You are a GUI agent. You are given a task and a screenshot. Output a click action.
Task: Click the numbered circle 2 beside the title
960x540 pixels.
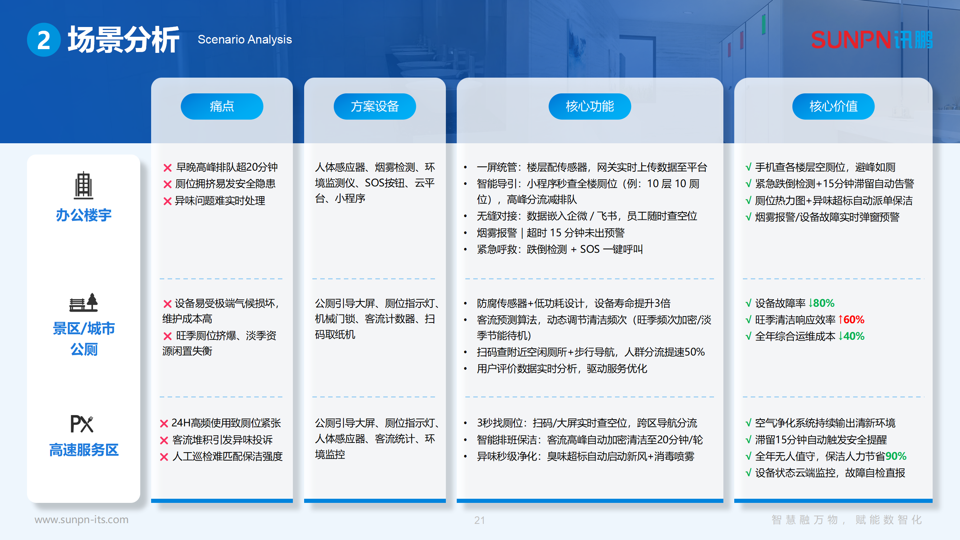coord(44,40)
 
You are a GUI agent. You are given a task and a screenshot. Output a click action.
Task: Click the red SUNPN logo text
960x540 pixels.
coord(850,40)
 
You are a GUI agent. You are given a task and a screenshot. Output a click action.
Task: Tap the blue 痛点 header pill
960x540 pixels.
coord(222,106)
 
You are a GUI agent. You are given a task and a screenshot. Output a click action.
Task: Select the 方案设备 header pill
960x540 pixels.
coord(375,106)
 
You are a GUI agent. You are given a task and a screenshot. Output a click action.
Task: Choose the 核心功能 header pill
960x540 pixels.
coord(589,106)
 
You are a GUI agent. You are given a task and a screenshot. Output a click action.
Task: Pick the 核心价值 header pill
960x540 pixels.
coord(833,106)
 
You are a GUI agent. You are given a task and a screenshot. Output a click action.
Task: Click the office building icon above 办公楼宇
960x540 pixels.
coord(83,185)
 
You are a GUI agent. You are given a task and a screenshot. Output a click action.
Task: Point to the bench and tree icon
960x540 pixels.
coord(83,303)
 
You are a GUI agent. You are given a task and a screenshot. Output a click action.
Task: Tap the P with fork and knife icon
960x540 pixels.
coord(82,424)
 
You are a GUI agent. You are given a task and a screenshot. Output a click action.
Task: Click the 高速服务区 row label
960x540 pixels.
coord(84,450)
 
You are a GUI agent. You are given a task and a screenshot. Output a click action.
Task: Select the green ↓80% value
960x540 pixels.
coord(821,303)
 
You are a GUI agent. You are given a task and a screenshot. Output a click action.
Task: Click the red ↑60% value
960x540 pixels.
coord(851,319)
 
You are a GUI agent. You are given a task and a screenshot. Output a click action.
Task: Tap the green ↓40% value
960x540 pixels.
coord(851,336)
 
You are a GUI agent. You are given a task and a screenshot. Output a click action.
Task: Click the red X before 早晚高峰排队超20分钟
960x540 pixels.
coord(167,168)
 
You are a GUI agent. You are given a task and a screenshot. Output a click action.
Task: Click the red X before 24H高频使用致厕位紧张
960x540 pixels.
coord(164,424)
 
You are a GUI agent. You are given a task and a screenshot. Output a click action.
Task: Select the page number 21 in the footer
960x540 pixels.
coord(479,520)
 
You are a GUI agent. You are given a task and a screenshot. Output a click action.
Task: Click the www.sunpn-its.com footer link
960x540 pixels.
coord(81,519)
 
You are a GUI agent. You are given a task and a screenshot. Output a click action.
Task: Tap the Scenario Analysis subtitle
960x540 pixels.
coord(244,39)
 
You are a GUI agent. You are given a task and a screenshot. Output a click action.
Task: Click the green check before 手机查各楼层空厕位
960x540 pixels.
coord(748,167)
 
